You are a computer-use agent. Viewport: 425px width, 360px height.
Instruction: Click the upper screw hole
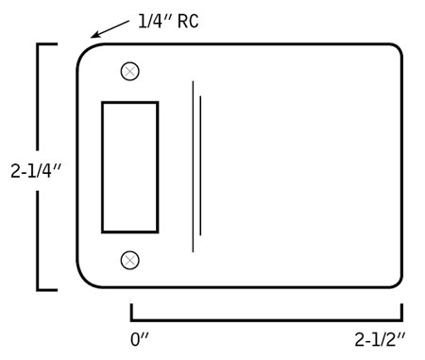[130, 72]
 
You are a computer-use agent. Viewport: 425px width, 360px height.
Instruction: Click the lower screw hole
[130, 260]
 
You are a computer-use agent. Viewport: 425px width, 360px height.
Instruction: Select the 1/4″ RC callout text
[168, 22]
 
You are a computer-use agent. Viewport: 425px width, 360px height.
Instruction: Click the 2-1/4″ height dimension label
[35, 171]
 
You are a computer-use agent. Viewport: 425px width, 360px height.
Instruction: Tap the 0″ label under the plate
[139, 339]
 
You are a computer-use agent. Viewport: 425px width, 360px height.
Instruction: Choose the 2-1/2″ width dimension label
[380, 339]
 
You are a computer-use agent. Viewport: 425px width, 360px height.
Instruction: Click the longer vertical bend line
[193, 166]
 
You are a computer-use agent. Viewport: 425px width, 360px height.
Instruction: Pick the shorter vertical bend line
[200, 165]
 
